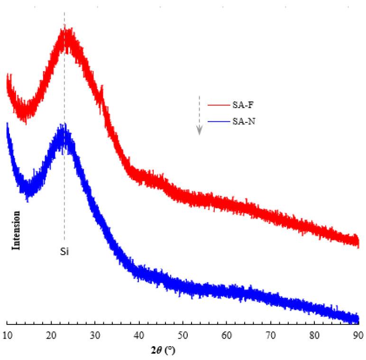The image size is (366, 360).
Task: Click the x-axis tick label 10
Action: (x=7, y=335)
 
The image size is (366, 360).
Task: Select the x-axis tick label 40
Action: (x=139, y=335)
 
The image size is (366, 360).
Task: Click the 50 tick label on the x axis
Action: (x=183, y=335)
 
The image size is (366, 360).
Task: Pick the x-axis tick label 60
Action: (x=227, y=335)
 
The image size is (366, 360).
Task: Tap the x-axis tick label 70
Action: (x=271, y=335)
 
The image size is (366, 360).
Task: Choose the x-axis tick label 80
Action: (x=315, y=335)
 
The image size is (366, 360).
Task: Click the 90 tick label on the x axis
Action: (x=358, y=335)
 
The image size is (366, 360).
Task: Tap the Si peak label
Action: (x=64, y=251)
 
